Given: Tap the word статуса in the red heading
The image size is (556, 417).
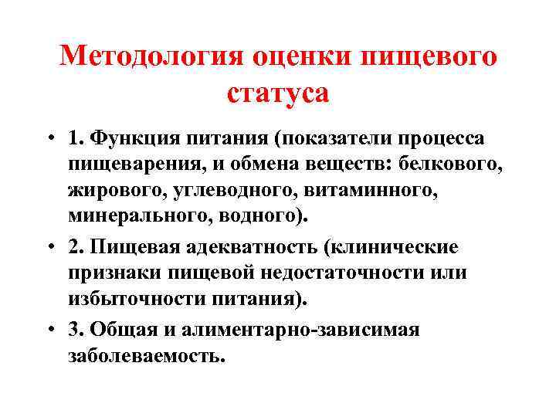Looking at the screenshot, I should pos(279,93).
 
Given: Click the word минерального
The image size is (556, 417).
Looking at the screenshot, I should pos(154,215).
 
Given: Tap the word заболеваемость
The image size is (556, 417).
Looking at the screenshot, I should pos(158,355).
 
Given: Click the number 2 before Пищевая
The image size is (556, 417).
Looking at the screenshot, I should pos(95,247).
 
